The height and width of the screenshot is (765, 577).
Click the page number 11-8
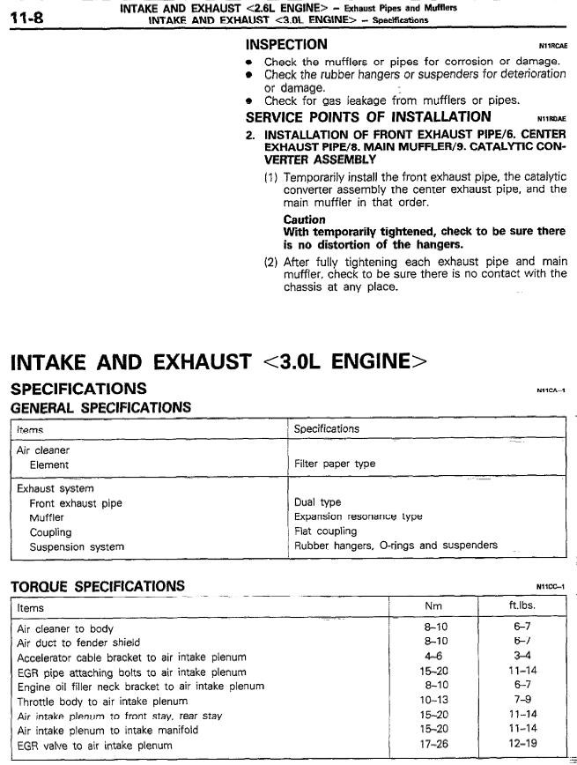pos(30,15)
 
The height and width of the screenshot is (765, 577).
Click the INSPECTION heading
pos(286,44)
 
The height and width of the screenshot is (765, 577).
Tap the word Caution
pos(304,219)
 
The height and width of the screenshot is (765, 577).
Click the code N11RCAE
pos(551,45)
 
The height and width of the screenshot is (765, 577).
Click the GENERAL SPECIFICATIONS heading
pos(100,407)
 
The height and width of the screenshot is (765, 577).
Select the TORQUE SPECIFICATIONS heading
pos(97,586)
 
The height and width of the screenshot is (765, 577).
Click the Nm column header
pos(433,606)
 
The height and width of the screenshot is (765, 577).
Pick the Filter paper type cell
pos(334,464)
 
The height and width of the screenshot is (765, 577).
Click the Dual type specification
pos(317,502)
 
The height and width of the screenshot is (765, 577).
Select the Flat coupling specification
pos(325,531)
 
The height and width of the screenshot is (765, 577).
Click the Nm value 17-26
pos(433,746)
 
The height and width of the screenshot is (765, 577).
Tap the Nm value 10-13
pos(433,702)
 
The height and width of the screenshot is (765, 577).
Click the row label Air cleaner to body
pos(65,628)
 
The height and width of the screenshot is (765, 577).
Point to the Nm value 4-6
pos(433,657)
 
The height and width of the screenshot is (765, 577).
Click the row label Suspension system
pos(77,546)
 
